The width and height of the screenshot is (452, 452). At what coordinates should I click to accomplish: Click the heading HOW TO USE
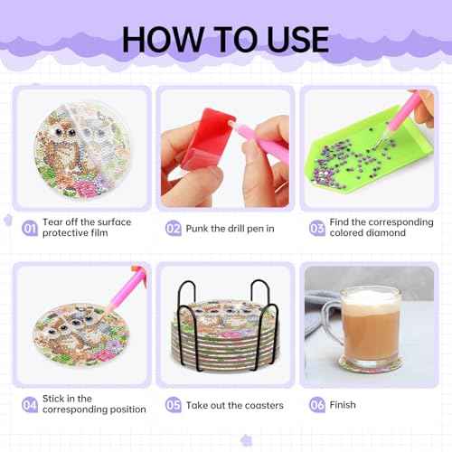tap(225, 37)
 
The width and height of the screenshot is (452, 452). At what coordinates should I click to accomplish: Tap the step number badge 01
tap(30, 229)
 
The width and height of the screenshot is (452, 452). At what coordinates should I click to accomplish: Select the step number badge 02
tap(174, 229)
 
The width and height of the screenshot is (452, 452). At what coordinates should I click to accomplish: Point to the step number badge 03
tap(316, 229)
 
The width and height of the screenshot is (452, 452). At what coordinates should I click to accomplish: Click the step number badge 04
tap(30, 405)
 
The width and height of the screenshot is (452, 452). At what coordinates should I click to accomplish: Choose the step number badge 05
tap(174, 405)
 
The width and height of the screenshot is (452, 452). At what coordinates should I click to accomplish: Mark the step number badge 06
tap(316, 405)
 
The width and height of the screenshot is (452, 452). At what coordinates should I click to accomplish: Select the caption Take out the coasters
tap(234, 405)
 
